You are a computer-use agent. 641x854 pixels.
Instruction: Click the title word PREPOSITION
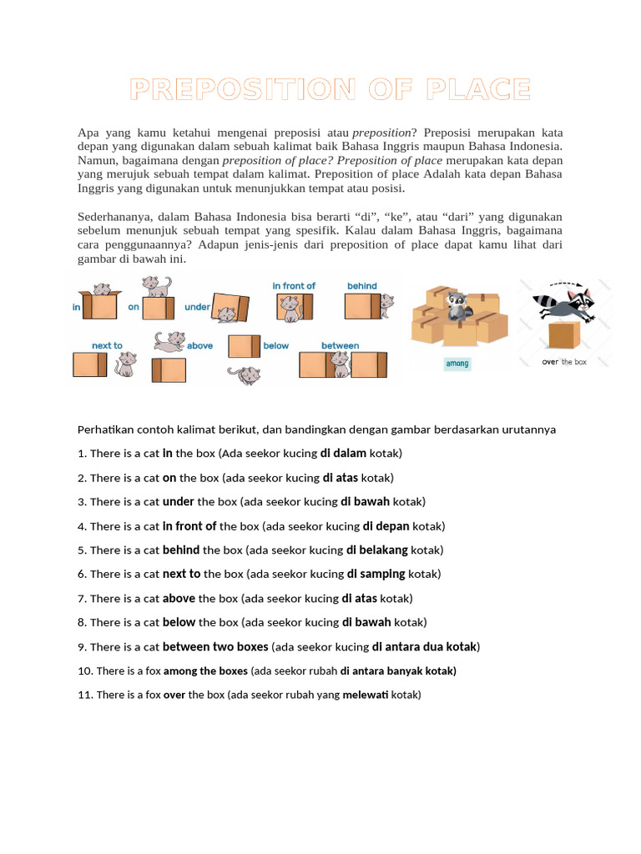[x=243, y=89]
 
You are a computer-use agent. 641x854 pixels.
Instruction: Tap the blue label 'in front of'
[x=294, y=286]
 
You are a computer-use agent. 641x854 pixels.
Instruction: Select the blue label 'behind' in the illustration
[x=361, y=286]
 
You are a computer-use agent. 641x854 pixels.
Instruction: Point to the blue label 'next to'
[x=107, y=345]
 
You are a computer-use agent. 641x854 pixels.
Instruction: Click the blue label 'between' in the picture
[x=340, y=345]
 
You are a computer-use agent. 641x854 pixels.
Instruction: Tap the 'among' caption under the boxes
[x=457, y=364]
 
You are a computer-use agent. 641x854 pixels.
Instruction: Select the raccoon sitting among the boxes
[x=457, y=309]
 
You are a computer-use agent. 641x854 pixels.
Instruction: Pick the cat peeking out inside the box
[x=101, y=289]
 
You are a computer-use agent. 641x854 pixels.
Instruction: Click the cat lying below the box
[x=248, y=374]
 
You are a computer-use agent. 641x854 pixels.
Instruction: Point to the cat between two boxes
[x=339, y=363]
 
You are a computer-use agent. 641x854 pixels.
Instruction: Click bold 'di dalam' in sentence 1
[x=343, y=454]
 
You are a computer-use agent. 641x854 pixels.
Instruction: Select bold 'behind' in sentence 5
[x=181, y=550]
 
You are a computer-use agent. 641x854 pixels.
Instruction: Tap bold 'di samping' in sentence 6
[x=376, y=575]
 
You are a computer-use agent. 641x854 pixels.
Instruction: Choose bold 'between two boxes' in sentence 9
[x=215, y=647]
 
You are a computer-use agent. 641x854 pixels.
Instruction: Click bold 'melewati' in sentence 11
[x=366, y=695]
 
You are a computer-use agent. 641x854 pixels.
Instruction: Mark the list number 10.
[x=84, y=671]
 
